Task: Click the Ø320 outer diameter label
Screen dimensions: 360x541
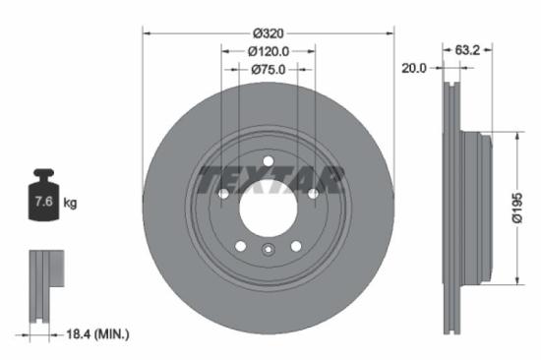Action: coord(268,31)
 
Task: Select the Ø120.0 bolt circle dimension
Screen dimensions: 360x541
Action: coord(268,51)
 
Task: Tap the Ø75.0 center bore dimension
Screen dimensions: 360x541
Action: coord(268,70)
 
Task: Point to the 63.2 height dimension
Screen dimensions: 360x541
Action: coord(467,47)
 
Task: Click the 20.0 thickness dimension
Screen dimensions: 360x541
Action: coord(414,68)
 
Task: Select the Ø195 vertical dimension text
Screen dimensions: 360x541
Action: coord(514,208)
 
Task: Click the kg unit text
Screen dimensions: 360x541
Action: coord(70,203)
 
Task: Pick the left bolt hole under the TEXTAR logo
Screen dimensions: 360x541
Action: coord(223,194)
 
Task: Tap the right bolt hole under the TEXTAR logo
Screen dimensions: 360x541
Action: coord(313,194)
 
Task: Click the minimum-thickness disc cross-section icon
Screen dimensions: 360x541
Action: coord(38,285)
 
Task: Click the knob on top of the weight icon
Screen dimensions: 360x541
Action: coord(44,175)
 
